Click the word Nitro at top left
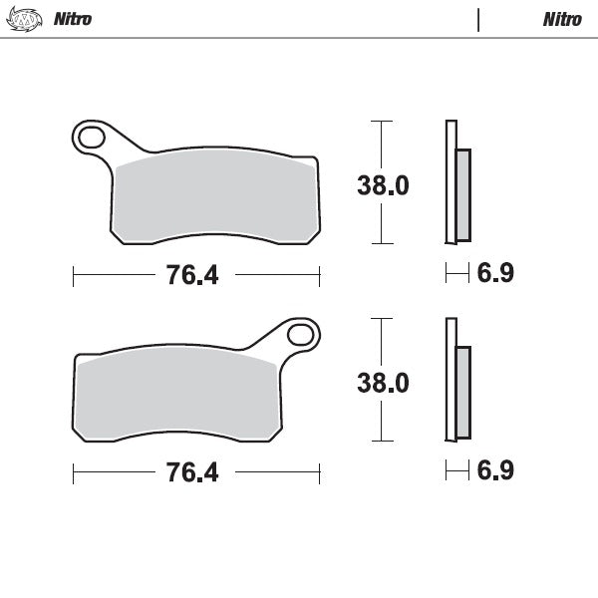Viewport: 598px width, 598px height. tap(73, 19)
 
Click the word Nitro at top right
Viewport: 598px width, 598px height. tap(562, 19)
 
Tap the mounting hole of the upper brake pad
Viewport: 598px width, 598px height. tap(91, 137)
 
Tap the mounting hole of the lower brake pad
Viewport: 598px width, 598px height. tap(301, 334)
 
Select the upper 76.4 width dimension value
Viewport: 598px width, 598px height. tap(192, 276)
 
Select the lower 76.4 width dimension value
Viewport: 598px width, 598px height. tap(192, 472)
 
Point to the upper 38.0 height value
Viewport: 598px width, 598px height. tap(384, 185)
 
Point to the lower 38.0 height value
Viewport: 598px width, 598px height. tap(384, 383)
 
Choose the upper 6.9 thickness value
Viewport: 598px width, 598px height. tap(495, 273)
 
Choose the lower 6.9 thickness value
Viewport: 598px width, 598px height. tap(495, 470)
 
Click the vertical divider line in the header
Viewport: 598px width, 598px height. tap(478, 19)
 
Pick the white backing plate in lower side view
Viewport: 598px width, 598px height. tap(449, 379)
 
